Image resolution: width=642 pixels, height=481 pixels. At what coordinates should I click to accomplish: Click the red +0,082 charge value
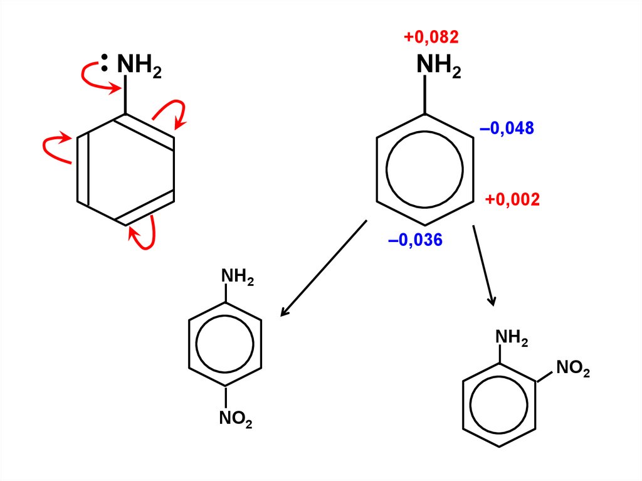(x=431, y=38)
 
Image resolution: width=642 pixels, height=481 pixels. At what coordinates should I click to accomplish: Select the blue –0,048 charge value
(x=507, y=129)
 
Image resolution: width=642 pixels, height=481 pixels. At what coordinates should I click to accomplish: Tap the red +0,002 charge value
(x=512, y=200)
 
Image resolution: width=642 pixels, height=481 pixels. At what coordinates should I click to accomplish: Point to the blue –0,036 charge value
(x=415, y=240)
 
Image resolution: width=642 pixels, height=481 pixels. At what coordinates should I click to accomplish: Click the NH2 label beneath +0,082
(x=439, y=66)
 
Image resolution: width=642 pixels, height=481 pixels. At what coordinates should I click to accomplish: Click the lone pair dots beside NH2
(x=105, y=63)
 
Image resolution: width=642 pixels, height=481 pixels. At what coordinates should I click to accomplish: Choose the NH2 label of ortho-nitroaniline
(x=512, y=338)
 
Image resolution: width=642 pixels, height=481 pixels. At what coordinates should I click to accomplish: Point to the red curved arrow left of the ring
(x=53, y=147)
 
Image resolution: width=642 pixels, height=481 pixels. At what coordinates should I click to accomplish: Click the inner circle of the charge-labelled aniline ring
(x=424, y=169)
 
